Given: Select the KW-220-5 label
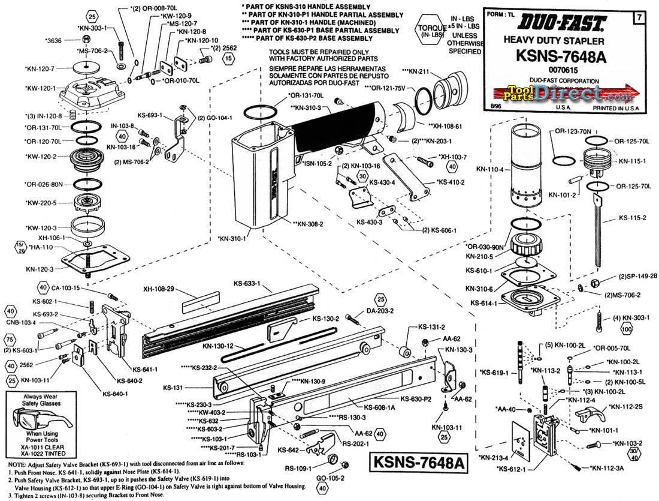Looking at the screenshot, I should tap(41, 203).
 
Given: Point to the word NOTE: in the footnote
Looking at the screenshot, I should tap(13, 466).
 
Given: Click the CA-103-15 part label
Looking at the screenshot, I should tap(66, 287).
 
